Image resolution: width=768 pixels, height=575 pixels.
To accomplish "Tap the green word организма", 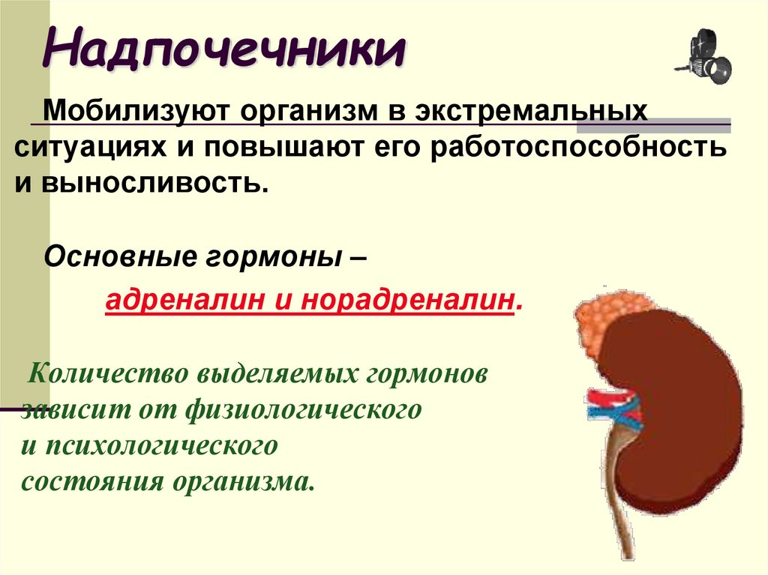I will click(243, 480).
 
